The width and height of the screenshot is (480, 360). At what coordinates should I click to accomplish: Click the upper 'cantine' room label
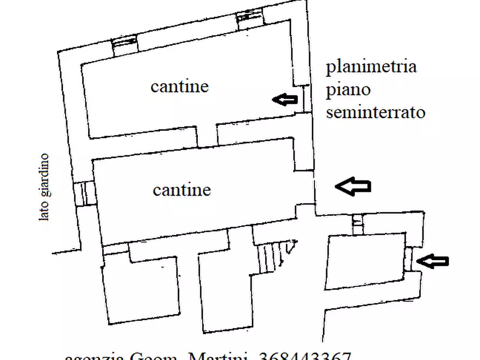pyautogui.click(x=180, y=86)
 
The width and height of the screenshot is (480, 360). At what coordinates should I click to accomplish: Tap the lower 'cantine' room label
pyautogui.click(x=182, y=190)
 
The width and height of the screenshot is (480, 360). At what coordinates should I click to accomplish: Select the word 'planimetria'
pyautogui.click(x=371, y=67)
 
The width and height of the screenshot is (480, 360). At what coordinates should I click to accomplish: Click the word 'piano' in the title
pyautogui.click(x=348, y=90)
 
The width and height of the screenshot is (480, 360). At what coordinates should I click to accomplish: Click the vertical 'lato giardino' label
pyautogui.click(x=44, y=187)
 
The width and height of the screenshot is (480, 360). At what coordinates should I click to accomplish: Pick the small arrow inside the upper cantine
pyautogui.click(x=284, y=98)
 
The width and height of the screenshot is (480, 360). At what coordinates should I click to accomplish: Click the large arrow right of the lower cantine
pyautogui.click(x=353, y=186)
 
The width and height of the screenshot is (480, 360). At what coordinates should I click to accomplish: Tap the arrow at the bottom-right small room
pyautogui.click(x=433, y=261)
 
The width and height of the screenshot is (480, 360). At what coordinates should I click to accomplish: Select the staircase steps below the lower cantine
pyautogui.click(x=269, y=256)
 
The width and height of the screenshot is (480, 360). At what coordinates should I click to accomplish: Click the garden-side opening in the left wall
pyautogui.click(x=84, y=193)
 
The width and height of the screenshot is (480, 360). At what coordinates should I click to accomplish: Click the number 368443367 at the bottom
pyautogui.click(x=305, y=356)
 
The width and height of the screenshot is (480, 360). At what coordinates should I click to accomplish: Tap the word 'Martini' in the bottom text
pyautogui.click(x=220, y=356)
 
